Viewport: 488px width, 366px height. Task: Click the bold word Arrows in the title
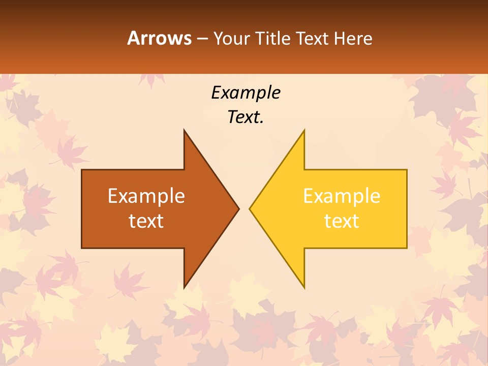pos(159,38)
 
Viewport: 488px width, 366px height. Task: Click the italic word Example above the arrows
pos(246,93)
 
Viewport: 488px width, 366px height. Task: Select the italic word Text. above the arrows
pos(246,117)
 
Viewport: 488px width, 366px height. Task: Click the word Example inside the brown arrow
pos(146,196)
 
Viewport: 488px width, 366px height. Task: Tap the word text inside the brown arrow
pos(146,221)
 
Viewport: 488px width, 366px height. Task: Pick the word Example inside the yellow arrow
pos(342,196)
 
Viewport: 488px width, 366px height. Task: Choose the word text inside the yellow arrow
pos(342,221)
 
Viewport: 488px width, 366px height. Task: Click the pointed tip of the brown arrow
pos(238,208)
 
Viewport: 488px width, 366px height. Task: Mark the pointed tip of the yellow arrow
pos(250,208)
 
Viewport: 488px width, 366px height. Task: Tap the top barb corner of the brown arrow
pos(184,130)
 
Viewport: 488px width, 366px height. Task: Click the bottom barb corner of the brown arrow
pos(184,288)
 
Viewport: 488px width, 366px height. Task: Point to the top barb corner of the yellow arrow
pos(304,130)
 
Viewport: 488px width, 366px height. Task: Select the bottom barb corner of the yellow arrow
pos(304,288)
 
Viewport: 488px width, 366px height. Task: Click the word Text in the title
pos(313,39)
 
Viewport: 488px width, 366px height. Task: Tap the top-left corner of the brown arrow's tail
pos(82,170)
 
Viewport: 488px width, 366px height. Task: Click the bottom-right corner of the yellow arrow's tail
pos(407,248)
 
